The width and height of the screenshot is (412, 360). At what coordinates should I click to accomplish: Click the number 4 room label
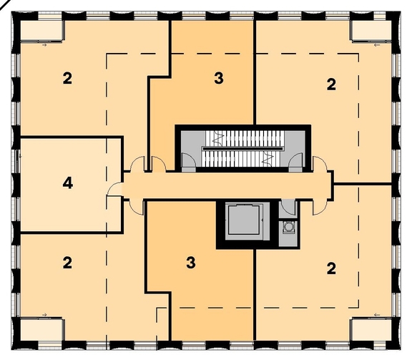[x=67, y=183]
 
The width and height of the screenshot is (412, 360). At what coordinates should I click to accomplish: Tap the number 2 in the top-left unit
[x=67, y=79]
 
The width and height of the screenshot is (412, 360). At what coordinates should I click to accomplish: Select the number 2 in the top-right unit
[x=331, y=84]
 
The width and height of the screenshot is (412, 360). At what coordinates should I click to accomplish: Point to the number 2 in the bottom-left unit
[x=67, y=263]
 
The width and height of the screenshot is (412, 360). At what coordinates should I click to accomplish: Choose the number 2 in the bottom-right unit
[x=331, y=269]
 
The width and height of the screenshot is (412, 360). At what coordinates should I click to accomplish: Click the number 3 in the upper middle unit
[x=218, y=78]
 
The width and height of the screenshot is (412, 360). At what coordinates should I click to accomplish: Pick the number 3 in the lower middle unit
[x=190, y=263]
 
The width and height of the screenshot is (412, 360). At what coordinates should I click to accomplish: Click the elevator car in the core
[x=243, y=221]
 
